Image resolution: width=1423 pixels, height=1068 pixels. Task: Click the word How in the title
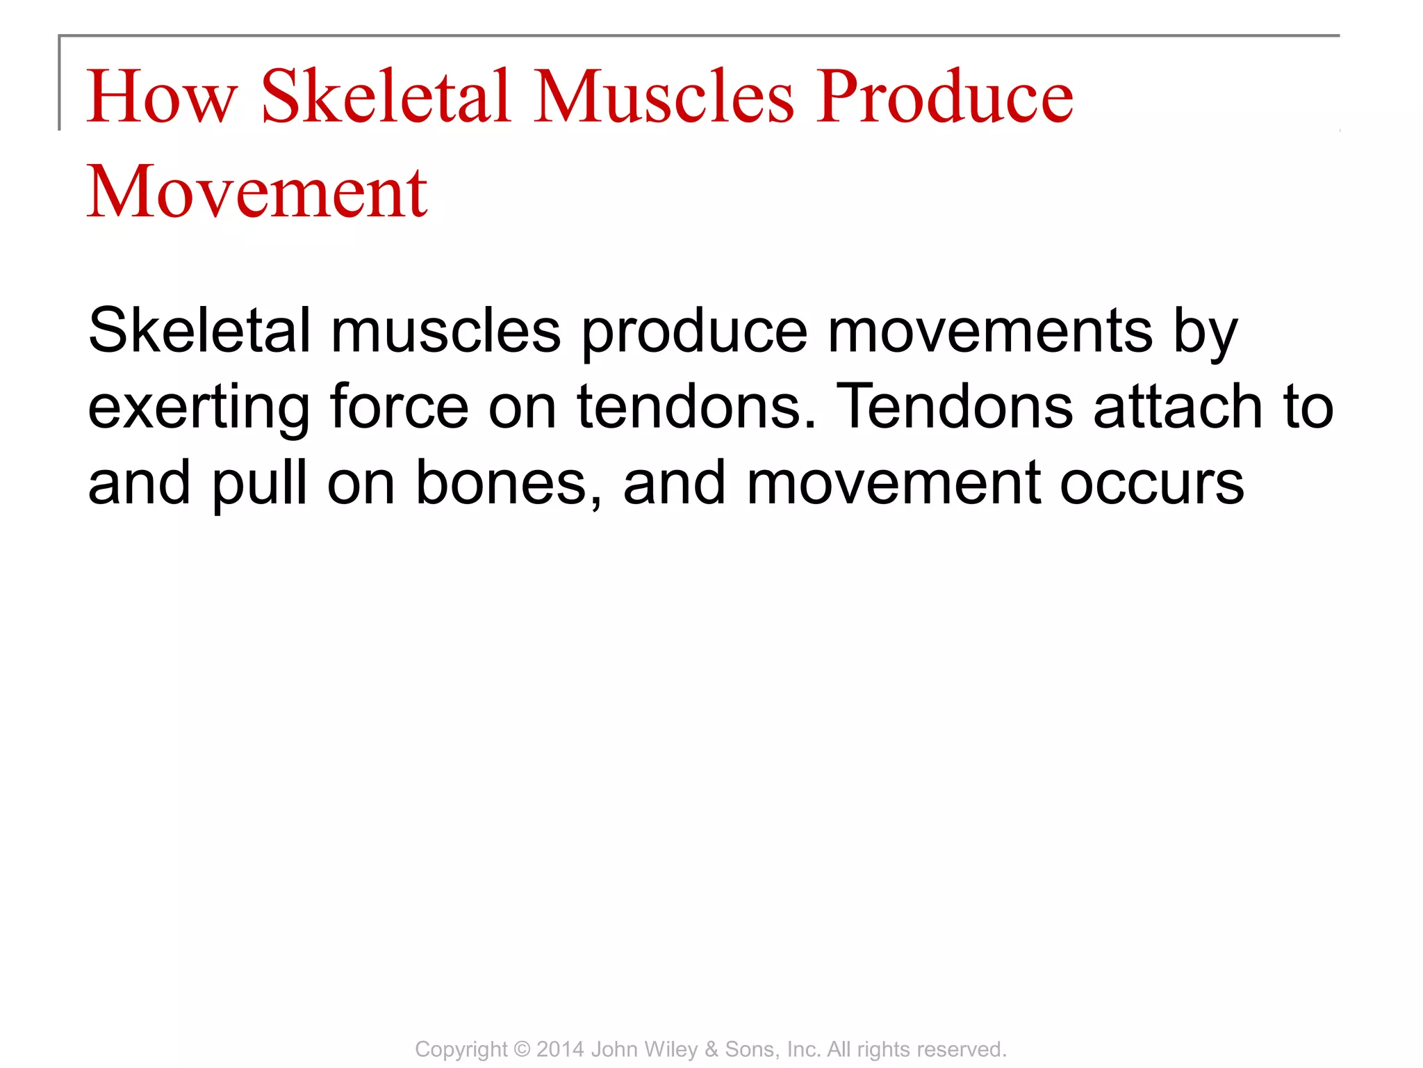(161, 97)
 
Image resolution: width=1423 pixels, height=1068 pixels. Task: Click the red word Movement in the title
(256, 192)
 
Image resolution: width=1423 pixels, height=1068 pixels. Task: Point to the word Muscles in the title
(664, 97)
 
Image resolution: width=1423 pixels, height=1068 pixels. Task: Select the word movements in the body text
(990, 332)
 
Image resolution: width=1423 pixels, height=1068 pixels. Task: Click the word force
(400, 407)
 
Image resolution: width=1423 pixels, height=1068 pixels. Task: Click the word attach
(1178, 407)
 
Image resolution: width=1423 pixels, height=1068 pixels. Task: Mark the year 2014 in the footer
(560, 1049)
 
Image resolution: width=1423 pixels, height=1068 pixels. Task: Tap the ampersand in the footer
(711, 1049)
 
